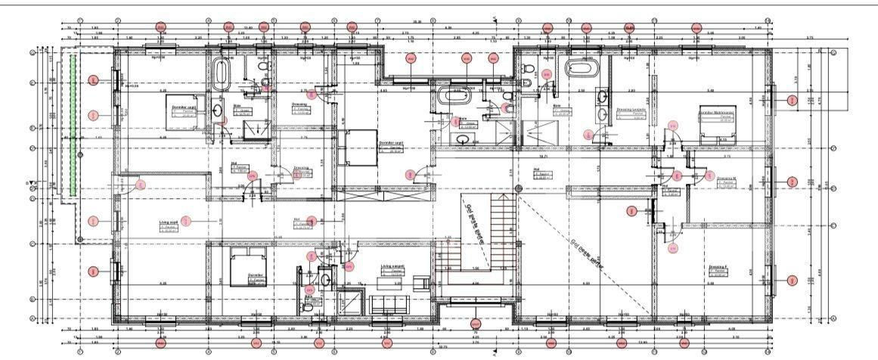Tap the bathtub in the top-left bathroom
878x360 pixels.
coord(222,76)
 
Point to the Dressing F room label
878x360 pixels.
coord(718,269)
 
